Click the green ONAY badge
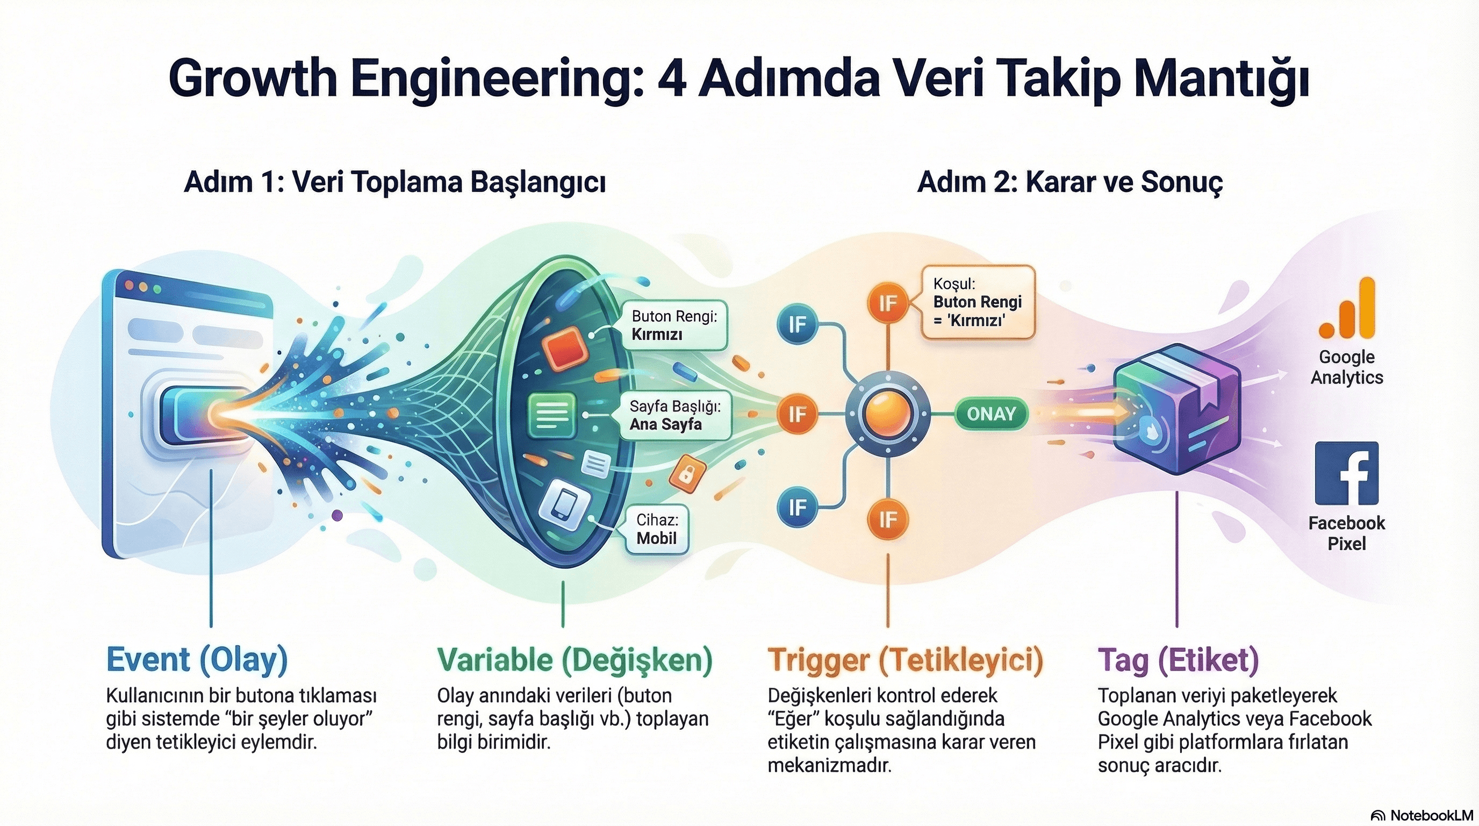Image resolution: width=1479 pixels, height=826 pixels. pyautogui.click(x=991, y=414)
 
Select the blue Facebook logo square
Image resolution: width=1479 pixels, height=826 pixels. pyautogui.click(x=1346, y=473)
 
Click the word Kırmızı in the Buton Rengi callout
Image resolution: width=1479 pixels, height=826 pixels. pyautogui.click(x=657, y=334)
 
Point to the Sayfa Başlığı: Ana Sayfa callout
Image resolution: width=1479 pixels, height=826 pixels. pyautogui.click(x=674, y=415)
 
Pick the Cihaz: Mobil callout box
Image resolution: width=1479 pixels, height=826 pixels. pyautogui.click(x=657, y=530)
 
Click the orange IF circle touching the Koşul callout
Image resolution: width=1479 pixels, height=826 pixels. pyautogui.click(x=888, y=303)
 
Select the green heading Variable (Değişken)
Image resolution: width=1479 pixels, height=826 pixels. pyautogui.click(x=574, y=659)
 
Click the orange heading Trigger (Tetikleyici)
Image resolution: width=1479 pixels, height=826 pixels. pyautogui.click(x=905, y=659)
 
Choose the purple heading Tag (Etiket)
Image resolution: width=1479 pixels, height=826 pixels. pyautogui.click(x=1178, y=659)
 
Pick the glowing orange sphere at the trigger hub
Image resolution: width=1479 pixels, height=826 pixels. pyautogui.click(x=887, y=414)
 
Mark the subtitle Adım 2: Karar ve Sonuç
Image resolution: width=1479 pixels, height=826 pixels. pyautogui.click(x=1069, y=182)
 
